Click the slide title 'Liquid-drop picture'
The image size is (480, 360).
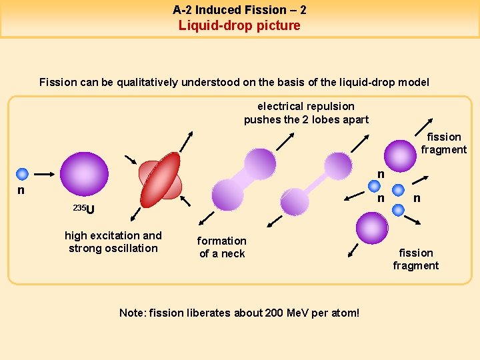coord(239,25)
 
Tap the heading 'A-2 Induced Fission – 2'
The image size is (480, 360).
coord(239,10)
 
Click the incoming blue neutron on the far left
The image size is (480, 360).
coord(22,174)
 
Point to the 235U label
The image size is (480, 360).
coord(84,210)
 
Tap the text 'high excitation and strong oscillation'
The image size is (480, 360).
coord(113,241)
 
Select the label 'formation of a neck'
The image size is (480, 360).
coord(221,247)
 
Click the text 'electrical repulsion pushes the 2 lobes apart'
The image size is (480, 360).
coord(306,113)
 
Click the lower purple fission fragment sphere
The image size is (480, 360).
coord(372,228)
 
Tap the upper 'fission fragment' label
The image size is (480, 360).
coord(443,143)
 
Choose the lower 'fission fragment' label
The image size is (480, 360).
coord(415,259)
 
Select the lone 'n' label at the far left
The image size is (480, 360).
coord(21,190)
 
